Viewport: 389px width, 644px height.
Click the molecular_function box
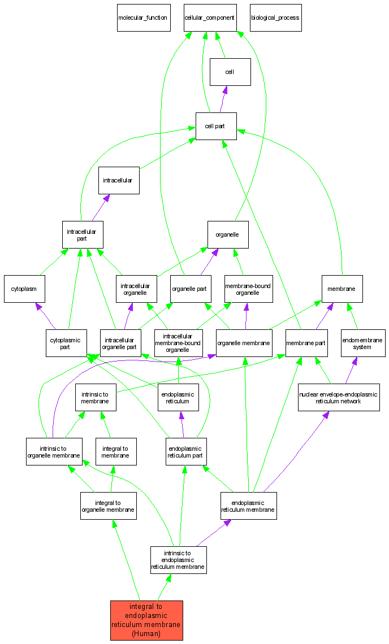coord(144,18)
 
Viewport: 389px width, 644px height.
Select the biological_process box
coord(275,18)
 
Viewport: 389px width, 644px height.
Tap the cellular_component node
coord(209,18)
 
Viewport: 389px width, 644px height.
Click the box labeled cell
coord(230,72)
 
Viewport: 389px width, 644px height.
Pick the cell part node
coord(216,126)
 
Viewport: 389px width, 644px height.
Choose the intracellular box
coord(119,180)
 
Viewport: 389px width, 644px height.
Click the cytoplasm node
coord(24,289)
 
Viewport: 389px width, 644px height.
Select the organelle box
coord(228,234)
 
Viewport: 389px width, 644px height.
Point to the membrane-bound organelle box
coord(248,289)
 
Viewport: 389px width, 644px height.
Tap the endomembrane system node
coord(362,343)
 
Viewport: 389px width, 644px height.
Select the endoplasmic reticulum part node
coord(187,451)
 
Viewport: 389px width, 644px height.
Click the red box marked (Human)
coord(146,620)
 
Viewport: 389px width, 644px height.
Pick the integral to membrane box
coord(116,451)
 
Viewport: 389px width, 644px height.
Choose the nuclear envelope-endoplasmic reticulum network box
coord(339,397)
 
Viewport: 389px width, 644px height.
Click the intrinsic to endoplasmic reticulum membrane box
coord(178,560)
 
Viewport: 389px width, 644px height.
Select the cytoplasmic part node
coord(66,343)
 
